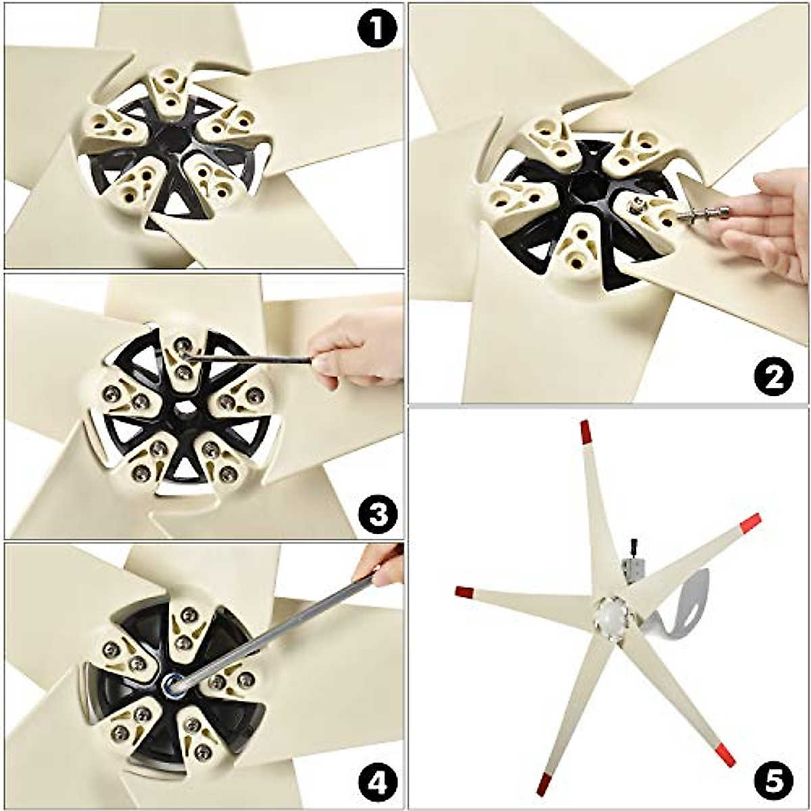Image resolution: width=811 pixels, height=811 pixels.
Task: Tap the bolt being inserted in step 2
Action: coord(703,215)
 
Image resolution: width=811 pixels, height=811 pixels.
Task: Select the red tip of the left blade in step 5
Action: coord(464,592)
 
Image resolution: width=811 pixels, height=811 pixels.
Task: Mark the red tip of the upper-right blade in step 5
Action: coord(750,522)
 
